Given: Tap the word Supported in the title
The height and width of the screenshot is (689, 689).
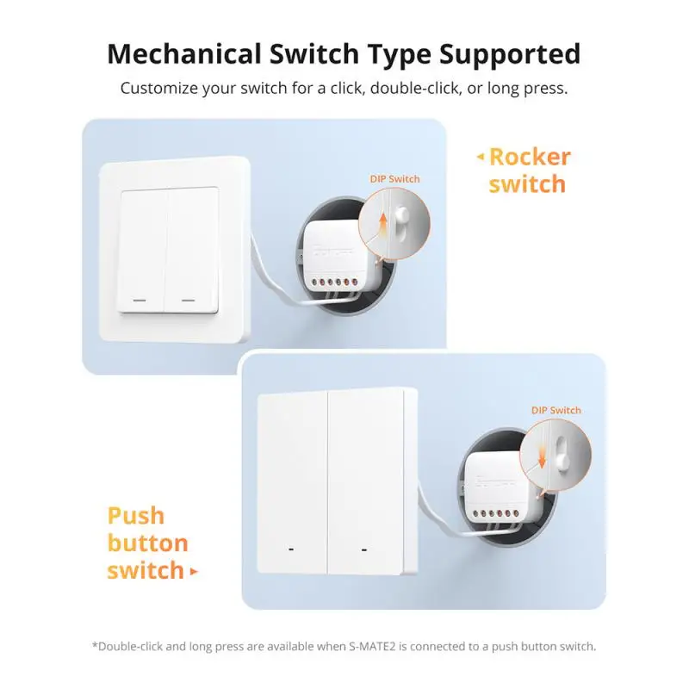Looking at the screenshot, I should tap(510, 53).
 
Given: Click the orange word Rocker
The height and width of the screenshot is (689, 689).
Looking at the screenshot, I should tap(529, 157).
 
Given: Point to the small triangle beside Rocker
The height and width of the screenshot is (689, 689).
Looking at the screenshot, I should tap(481, 157).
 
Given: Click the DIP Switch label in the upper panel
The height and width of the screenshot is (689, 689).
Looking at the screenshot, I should tap(394, 178).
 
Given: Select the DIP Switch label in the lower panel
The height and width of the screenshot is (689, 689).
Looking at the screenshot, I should tap(556, 410).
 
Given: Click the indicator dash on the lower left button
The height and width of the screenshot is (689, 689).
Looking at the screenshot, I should tap(290, 548).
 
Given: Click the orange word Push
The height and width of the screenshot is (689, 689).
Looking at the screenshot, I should tap(135, 516).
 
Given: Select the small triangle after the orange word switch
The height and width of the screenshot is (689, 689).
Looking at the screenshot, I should tap(194, 571).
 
